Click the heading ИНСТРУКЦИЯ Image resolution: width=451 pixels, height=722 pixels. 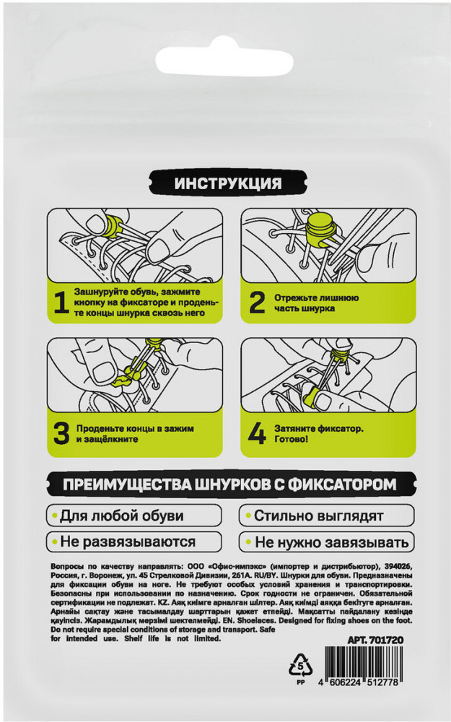tap(228, 183)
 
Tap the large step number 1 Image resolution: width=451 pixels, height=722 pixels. tap(61, 303)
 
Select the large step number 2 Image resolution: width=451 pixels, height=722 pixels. tap(257, 303)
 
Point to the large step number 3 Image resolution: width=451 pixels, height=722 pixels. tap(61, 434)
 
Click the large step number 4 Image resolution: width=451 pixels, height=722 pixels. tap(257, 434)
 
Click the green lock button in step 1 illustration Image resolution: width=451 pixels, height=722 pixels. tap(113, 225)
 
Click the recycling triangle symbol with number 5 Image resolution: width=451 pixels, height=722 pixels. tap(300, 664)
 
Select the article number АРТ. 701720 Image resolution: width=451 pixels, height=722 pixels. tap(375, 640)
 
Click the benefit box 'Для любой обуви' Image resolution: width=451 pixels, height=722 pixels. tap(134, 516)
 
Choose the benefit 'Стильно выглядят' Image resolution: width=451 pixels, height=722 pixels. tap(326, 516)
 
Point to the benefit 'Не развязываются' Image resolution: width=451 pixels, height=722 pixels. tap(134, 542)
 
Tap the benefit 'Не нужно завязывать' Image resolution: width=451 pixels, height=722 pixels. tap(326, 542)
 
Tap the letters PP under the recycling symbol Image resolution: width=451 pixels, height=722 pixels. tap(300, 682)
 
